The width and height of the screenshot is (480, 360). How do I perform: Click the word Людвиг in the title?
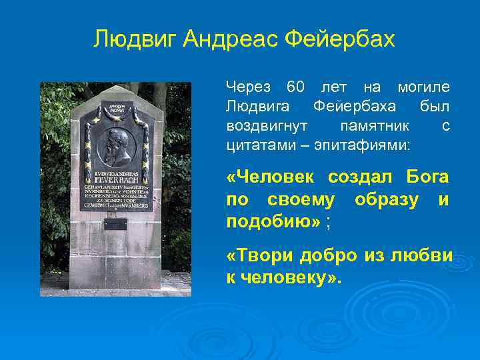pos(135,39)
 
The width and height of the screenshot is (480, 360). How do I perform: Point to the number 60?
pos(295,87)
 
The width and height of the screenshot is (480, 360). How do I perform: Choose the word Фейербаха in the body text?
pos(355,107)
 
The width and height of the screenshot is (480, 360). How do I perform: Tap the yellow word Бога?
pos(426,178)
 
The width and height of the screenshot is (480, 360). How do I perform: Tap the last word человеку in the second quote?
pos(289,277)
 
